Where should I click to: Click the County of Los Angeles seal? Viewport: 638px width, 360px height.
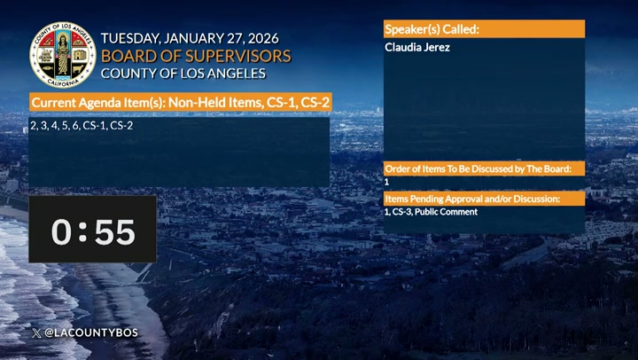pos(63,54)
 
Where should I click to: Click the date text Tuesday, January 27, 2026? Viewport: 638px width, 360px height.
pos(190,39)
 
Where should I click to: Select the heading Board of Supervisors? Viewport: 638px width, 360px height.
pos(196,56)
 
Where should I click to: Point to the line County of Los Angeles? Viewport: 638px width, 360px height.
pos(183,73)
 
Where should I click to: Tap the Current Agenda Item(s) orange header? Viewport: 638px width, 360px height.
pos(181,104)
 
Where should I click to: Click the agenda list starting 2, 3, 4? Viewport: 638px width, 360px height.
pos(82,126)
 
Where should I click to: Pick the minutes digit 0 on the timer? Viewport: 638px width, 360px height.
pos(61,232)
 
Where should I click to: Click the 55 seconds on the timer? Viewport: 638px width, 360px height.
pos(115,232)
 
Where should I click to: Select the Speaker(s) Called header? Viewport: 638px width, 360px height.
pos(432,29)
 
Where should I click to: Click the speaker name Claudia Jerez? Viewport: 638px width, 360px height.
pos(417,47)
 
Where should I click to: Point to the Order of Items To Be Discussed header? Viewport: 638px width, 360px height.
pos(484,168)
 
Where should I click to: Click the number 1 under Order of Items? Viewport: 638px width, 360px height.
pos(387,181)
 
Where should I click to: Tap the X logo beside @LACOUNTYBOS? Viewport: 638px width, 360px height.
pos(35,333)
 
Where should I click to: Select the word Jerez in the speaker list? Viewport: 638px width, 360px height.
pos(437,47)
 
